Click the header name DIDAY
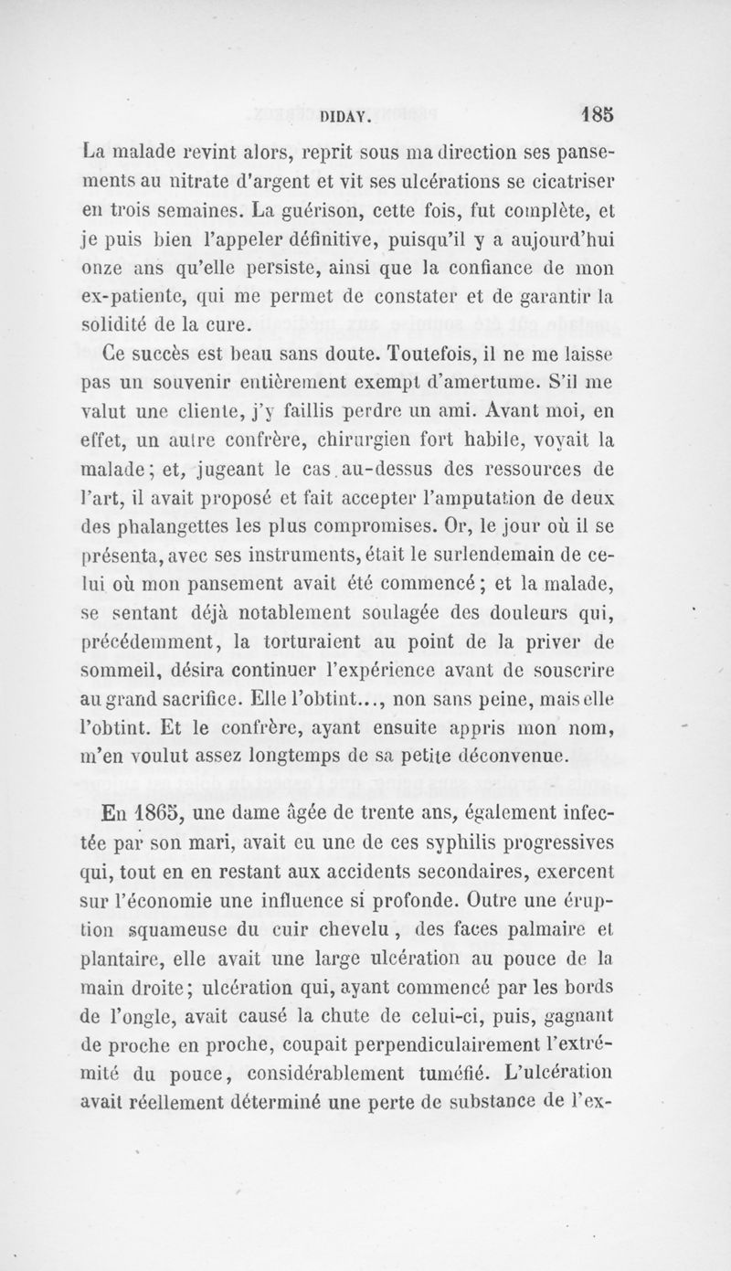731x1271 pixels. coord(344,116)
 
